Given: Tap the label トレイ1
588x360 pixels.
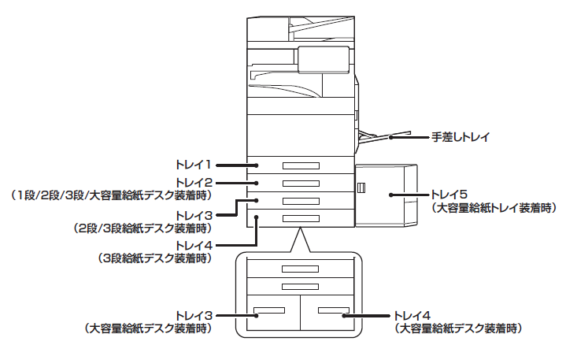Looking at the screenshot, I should [194, 165].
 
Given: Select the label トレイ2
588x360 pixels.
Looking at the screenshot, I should [194, 182].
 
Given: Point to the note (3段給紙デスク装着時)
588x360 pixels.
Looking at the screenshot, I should [153, 258].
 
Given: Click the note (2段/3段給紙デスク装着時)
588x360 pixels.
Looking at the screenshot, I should [142, 228].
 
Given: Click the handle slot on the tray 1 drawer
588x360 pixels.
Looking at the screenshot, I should [301, 165].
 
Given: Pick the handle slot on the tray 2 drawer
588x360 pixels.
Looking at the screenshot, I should [301, 182].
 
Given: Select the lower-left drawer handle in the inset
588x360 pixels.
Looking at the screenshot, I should [268, 309].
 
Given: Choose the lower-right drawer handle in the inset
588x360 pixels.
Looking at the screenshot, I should [332, 309].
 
